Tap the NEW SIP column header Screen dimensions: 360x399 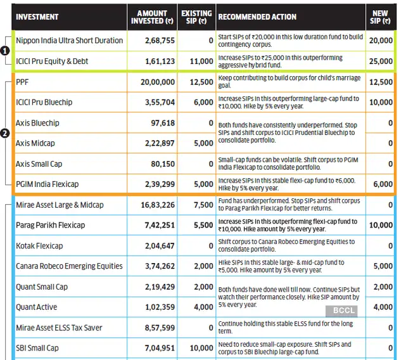[380, 16]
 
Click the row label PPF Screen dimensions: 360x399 [23, 82]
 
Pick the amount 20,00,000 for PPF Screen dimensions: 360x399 [158, 82]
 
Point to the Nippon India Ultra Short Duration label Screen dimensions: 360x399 [69, 41]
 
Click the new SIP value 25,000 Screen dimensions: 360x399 [381, 61]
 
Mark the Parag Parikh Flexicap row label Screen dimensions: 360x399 [50, 225]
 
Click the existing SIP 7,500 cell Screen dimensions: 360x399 [203, 205]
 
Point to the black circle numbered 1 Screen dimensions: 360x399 [5, 51]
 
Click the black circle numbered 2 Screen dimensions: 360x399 [5, 133]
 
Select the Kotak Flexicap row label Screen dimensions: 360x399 [39, 245]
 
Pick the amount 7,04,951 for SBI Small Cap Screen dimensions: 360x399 [159, 348]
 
